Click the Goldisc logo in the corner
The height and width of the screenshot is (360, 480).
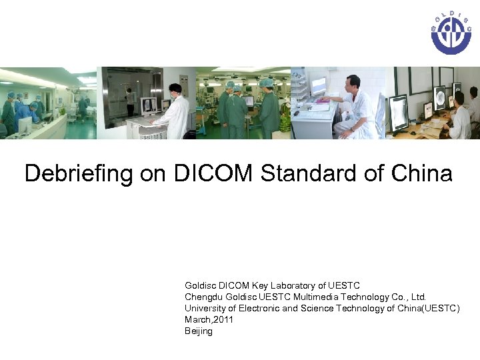pyautogui.click(x=451, y=33)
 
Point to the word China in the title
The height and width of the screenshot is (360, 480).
pyautogui.click(x=423, y=174)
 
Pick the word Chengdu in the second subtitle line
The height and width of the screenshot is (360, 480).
pyautogui.click(x=203, y=297)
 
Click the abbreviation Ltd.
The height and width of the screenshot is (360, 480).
pyautogui.click(x=419, y=297)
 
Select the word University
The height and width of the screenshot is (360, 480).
pyautogui.click(x=205, y=308)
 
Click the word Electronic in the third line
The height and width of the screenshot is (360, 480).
pyautogui.click(x=257, y=308)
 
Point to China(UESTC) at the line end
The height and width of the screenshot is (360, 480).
pyautogui.click(x=427, y=308)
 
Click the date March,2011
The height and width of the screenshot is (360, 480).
pyautogui.click(x=209, y=319)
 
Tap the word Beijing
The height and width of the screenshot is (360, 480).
pyautogui.click(x=199, y=331)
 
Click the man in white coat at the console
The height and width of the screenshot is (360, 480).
pyautogui.click(x=176, y=110)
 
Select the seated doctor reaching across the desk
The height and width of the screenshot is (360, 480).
pyautogui.click(x=352, y=107)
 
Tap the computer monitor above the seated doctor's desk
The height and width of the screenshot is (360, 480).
pyautogui.click(x=319, y=85)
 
